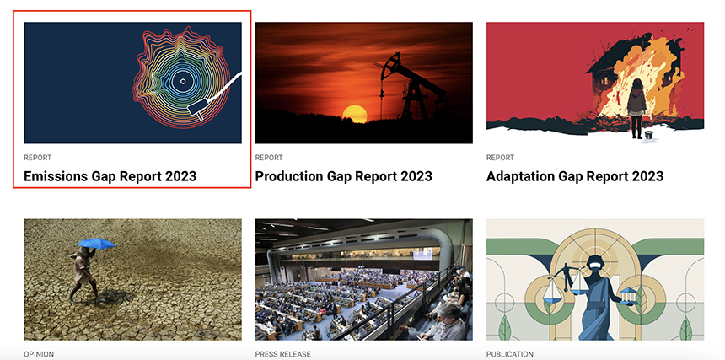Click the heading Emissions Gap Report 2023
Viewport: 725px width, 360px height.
[x=110, y=176]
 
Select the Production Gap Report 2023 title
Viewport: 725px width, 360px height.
[x=344, y=176]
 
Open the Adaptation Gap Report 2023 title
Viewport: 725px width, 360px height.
[x=575, y=176]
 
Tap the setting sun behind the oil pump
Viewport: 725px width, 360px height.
[x=355, y=114]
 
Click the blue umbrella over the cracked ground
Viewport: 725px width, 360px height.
[x=96, y=243]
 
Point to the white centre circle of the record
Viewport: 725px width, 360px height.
[x=183, y=81]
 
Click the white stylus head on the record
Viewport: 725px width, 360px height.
[x=196, y=110]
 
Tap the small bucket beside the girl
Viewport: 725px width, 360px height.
[x=649, y=135]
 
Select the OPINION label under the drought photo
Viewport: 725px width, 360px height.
[x=39, y=354]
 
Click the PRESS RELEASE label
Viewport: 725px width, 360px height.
[x=283, y=354]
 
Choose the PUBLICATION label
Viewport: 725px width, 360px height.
[x=509, y=354]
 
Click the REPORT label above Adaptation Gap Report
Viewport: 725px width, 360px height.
[x=500, y=158]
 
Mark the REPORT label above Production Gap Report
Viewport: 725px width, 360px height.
[x=269, y=158]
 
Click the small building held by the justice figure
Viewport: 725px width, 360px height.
[x=627, y=295]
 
